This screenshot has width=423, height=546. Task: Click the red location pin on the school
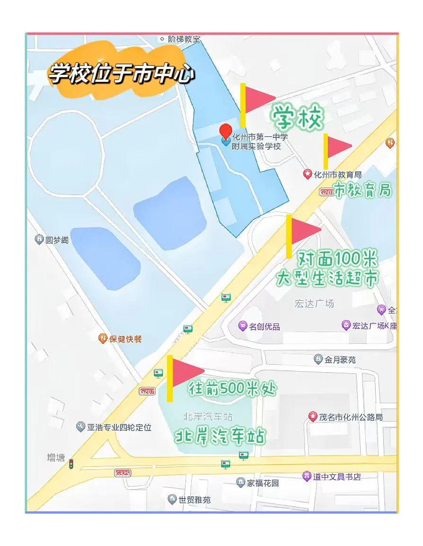pos(226,131)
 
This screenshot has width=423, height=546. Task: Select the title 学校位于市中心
pos(121,74)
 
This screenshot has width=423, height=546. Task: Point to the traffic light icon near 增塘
pos(71,464)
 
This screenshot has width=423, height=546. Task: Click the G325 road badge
pos(122,473)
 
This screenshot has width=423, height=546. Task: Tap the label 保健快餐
pos(125,339)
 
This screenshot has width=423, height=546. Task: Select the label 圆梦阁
pos(57,240)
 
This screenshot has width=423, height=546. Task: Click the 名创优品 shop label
pos(264,326)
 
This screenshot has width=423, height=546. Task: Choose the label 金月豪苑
pos(340,360)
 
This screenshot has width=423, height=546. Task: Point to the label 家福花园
pos(263,483)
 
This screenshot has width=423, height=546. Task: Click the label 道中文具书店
pos(336,476)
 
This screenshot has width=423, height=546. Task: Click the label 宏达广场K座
pos(374,326)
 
